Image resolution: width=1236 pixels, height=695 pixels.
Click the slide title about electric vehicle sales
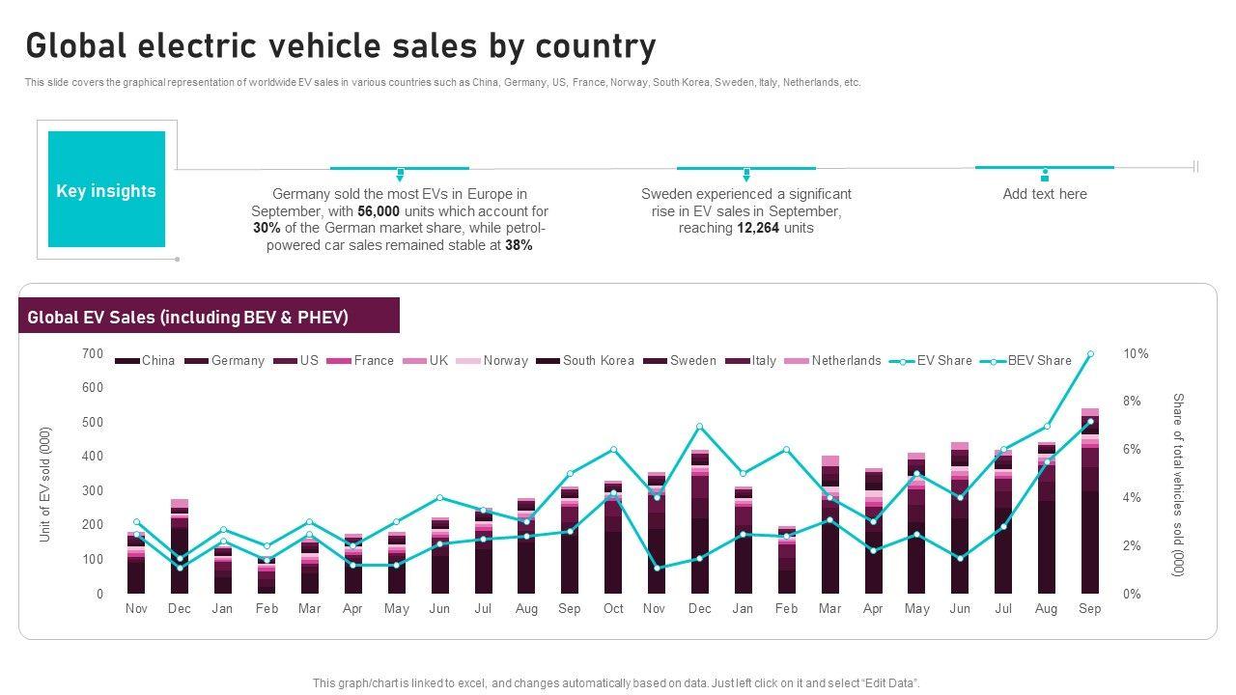(x=341, y=46)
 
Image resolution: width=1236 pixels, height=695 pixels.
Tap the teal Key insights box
(x=106, y=190)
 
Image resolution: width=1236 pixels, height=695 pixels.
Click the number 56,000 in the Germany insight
(x=379, y=211)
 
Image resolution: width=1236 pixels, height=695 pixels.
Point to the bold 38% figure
(x=519, y=246)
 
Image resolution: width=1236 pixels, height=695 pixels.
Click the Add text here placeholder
(x=1044, y=194)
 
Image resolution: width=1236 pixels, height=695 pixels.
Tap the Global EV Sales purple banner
(x=209, y=317)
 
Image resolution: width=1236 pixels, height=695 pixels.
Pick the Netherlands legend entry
(x=845, y=361)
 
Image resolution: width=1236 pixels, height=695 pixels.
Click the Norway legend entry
(x=505, y=361)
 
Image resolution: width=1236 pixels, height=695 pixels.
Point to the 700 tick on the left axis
(x=93, y=354)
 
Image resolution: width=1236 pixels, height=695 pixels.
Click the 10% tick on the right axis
(x=1136, y=354)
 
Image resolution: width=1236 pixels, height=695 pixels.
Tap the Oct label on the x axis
(x=613, y=609)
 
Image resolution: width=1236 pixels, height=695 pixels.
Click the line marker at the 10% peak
(x=1090, y=354)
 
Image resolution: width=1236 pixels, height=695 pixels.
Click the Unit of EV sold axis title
(x=45, y=485)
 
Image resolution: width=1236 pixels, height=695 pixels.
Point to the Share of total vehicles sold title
(x=1177, y=485)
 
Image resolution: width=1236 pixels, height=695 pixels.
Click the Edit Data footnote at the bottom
(x=616, y=683)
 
